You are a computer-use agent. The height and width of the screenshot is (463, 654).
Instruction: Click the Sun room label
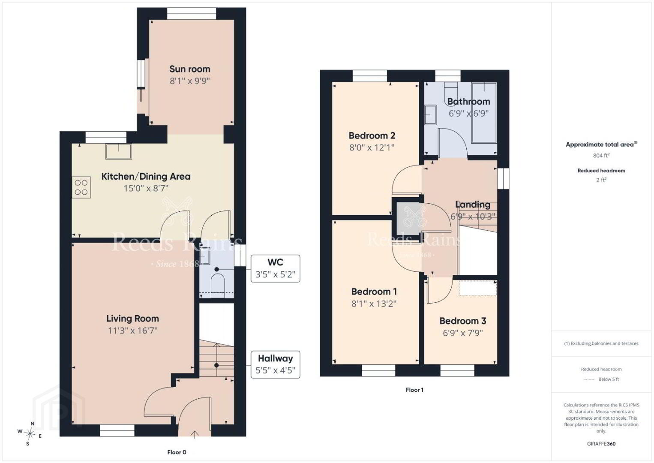coord(190,69)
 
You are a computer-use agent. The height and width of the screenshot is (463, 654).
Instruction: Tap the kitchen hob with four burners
coord(81,187)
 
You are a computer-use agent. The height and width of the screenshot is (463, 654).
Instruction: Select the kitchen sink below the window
coord(119,151)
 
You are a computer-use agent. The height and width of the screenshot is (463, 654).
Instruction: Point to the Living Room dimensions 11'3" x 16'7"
coord(133,331)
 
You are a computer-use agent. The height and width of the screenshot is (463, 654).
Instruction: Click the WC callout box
coord(275,268)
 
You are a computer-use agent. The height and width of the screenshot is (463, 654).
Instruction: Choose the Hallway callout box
coord(275,364)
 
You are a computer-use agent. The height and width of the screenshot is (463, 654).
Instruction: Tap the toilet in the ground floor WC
coord(217,283)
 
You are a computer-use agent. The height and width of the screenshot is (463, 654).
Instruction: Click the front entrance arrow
coord(195,435)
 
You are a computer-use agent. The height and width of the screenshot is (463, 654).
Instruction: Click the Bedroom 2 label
coord(372,135)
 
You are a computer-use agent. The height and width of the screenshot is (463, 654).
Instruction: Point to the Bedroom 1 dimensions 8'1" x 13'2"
coord(374,304)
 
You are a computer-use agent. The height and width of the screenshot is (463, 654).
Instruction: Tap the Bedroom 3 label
coord(463,321)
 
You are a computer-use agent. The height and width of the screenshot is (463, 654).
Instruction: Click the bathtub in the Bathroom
coord(484,113)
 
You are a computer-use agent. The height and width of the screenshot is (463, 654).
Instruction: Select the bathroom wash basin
coord(430,115)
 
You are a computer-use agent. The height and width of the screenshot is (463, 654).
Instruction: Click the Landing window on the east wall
coord(503,178)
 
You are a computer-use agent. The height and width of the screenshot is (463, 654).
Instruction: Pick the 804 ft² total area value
coord(601,155)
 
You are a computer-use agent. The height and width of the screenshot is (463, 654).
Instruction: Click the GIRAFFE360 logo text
coord(601,444)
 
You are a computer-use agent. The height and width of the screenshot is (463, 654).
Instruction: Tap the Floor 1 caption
coord(414,390)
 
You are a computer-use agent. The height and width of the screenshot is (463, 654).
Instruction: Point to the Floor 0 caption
coord(177,452)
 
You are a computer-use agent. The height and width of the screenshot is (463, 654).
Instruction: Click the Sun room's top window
coord(192,14)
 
